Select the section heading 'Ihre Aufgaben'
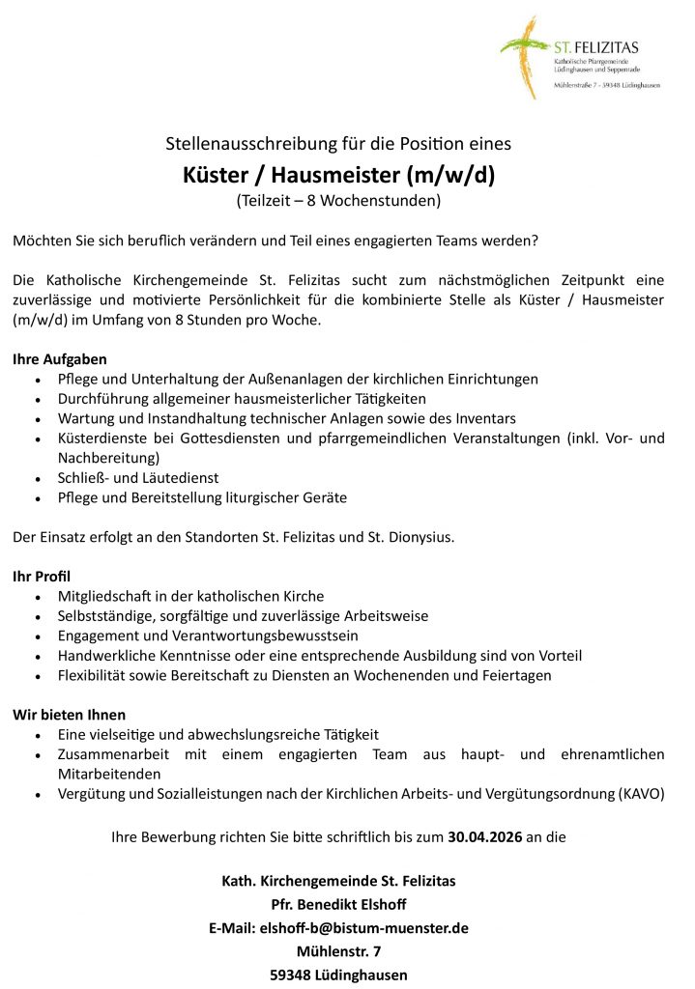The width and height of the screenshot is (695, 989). [59, 359]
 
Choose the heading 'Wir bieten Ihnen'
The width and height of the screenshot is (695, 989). [69, 715]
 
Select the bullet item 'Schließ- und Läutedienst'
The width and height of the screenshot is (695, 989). [138, 478]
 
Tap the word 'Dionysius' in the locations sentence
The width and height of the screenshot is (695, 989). [420, 536]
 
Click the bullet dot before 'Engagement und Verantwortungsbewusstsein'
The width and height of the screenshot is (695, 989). [37, 636]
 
